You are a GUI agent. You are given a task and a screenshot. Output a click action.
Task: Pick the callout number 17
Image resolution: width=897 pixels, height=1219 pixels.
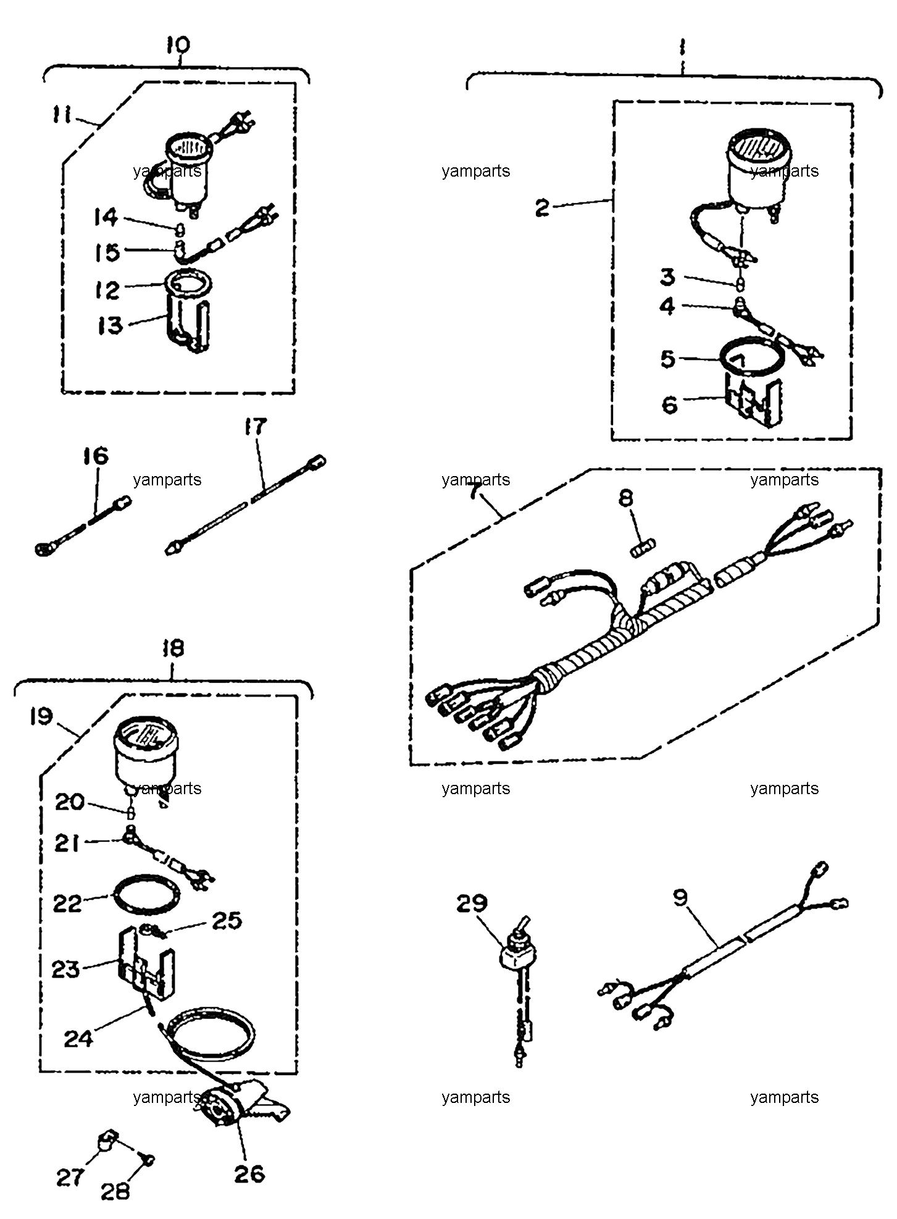click(256, 427)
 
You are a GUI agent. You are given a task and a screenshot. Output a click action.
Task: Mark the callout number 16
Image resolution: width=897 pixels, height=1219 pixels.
click(96, 457)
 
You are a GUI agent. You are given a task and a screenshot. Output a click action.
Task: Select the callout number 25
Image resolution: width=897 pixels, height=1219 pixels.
click(227, 921)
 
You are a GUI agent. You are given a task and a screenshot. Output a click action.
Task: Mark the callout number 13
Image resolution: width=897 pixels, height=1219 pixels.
click(111, 325)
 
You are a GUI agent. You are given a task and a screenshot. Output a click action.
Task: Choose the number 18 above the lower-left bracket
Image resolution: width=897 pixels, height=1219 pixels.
click(173, 648)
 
